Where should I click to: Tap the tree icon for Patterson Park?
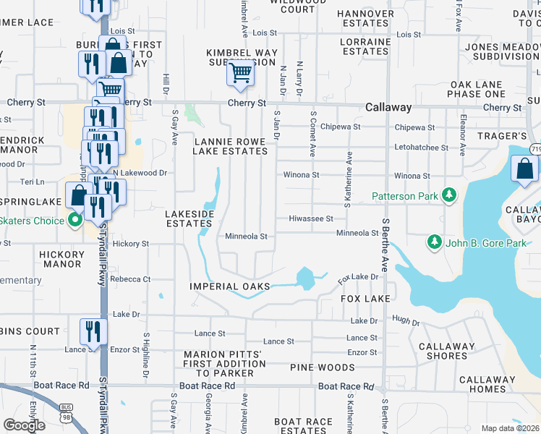click(449, 195)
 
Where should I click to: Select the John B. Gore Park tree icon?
click(435, 243)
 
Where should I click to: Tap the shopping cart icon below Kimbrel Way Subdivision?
click(240, 72)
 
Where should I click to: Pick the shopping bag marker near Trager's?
click(524, 170)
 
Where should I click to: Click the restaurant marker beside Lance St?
click(93, 331)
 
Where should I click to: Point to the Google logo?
click(24, 425)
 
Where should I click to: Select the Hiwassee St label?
click(310, 218)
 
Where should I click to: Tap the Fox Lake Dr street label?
click(359, 277)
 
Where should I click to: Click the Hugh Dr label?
click(406, 321)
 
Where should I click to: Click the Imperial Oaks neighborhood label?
click(229, 286)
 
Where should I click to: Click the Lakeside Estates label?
click(189, 219)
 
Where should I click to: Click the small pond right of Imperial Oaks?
click(305, 276)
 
